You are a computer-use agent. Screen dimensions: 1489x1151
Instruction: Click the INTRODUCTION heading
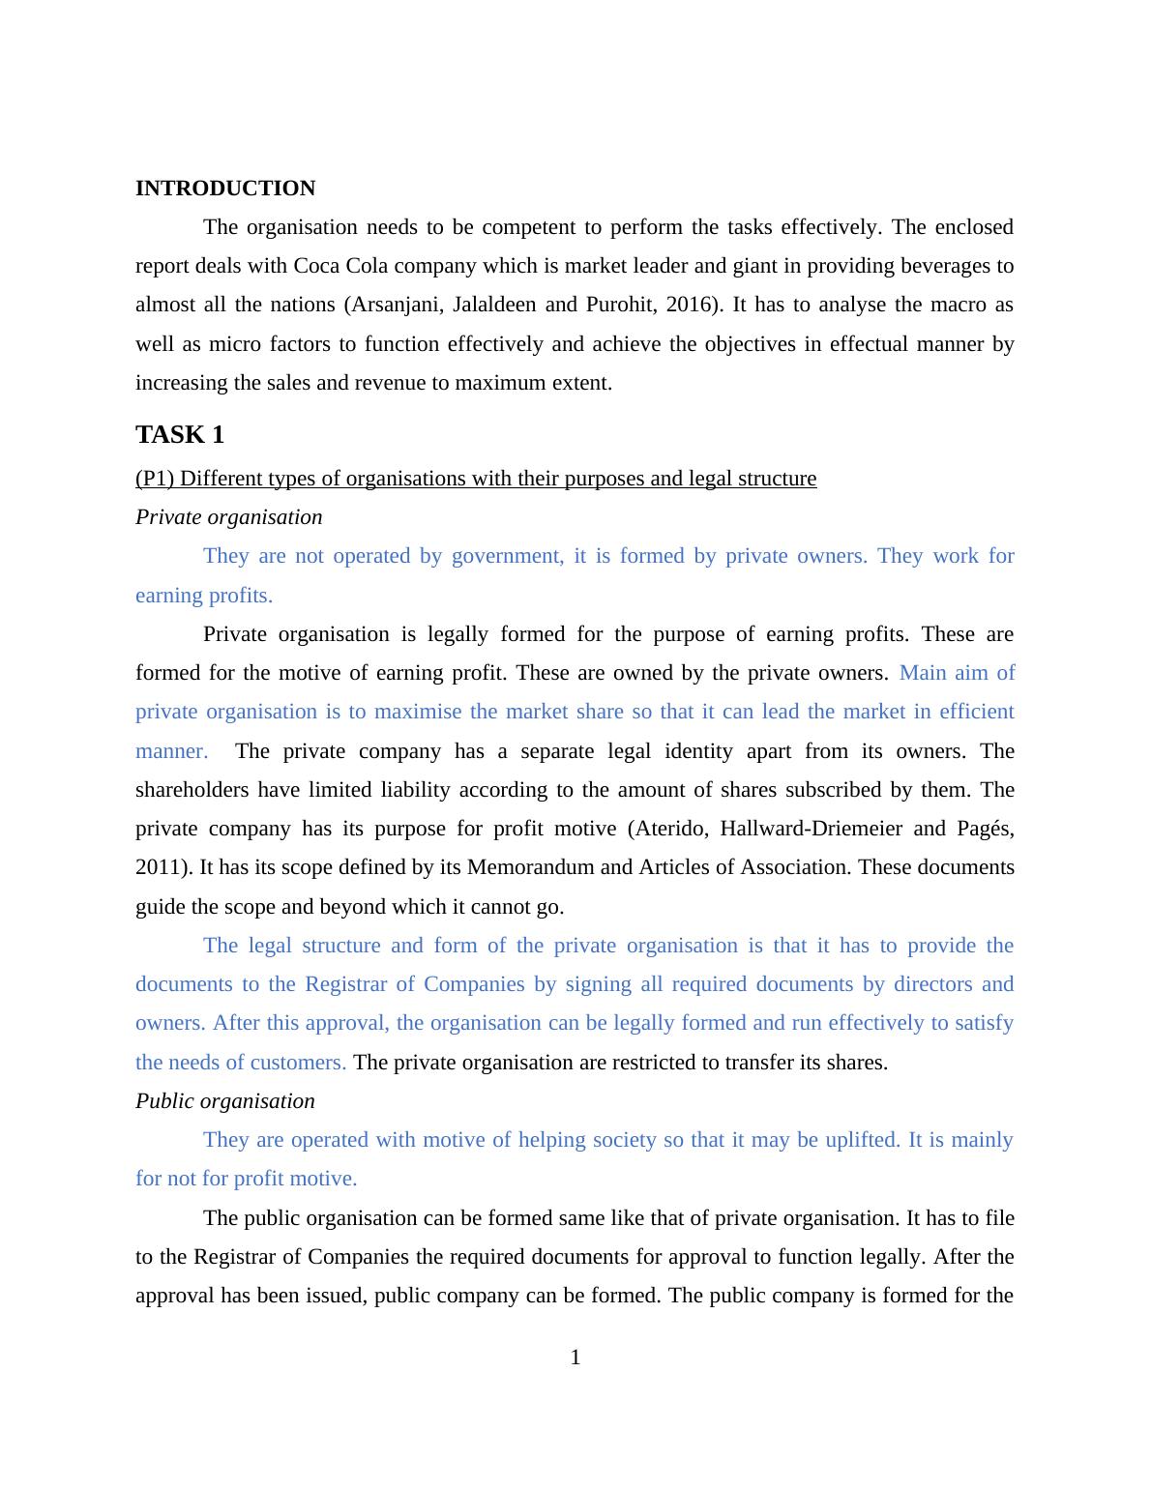(x=224, y=189)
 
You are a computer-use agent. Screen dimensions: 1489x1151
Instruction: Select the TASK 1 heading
(x=180, y=435)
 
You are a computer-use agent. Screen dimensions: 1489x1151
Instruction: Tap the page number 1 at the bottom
(x=575, y=1358)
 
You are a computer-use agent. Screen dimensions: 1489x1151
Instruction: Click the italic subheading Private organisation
(x=228, y=517)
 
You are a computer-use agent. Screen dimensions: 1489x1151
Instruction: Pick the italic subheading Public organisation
(x=224, y=1101)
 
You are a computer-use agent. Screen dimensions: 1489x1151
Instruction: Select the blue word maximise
(x=418, y=712)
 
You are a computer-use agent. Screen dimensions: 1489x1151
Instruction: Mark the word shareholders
(x=192, y=790)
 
